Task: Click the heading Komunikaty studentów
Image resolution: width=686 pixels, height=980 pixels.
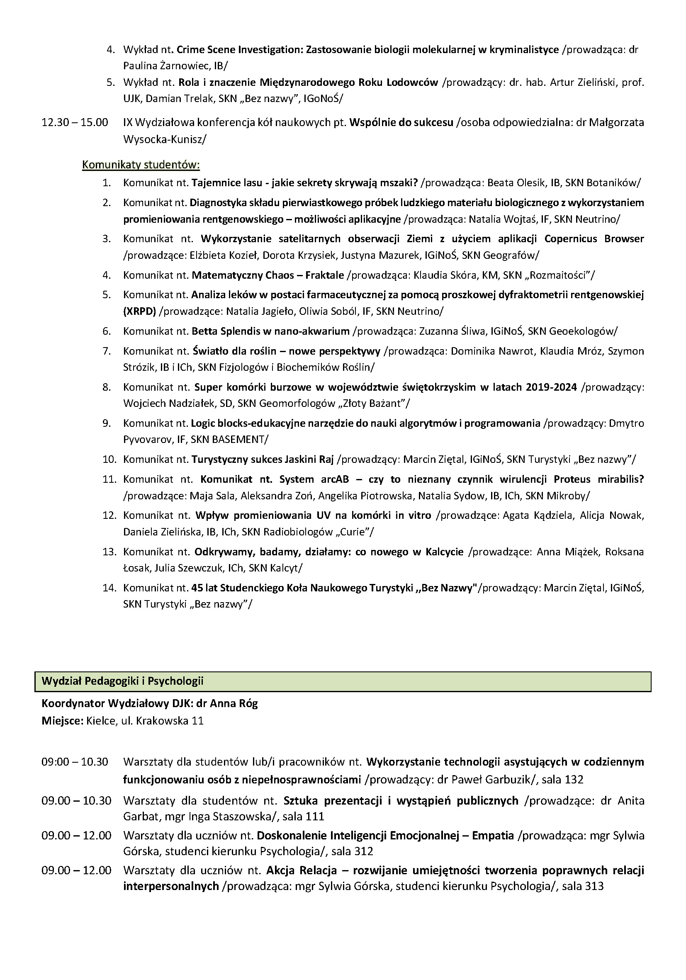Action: click(141, 164)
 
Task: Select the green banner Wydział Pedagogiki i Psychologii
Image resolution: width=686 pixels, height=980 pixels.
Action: click(342, 681)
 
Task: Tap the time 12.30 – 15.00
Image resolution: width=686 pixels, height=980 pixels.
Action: click(75, 122)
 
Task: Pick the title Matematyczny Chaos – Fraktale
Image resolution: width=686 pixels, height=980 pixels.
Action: click(268, 275)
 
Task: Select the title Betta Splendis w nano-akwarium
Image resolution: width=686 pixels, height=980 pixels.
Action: click(270, 331)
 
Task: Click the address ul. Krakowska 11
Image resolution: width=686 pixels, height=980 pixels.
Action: click(163, 721)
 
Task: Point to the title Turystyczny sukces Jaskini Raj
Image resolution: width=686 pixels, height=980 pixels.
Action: click(263, 459)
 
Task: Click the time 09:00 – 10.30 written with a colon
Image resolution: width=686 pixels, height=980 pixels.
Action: click(75, 762)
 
